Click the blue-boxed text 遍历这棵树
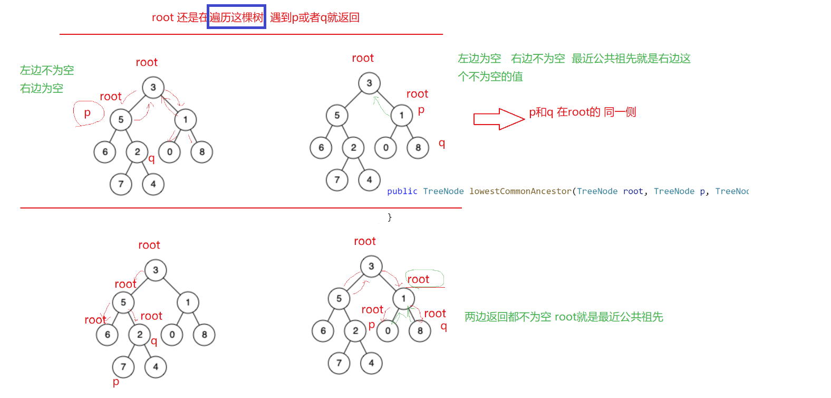click(x=236, y=17)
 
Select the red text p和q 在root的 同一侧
click(x=583, y=112)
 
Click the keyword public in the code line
click(x=402, y=191)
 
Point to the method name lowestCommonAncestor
click(x=520, y=191)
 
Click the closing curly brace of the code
click(x=390, y=217)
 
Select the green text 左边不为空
click(x=47, y=70)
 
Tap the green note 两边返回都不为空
click(x=508, y=317)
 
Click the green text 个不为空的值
click(x=490, y=77)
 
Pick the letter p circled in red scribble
click(x=88, y=112)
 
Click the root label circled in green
click(x=418, y=279)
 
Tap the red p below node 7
click(x=116, y=382)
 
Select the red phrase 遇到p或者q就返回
click(x=315, y=17)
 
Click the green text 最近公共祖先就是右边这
click(x=631, y=59)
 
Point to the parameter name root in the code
click(x=633, y=191)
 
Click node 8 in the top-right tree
click(x=418, y=148)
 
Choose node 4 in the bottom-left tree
click(x=156, y=367)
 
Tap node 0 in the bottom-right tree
click(x=388, y=331)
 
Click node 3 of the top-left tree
click(x=153, y=88)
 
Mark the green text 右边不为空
click(x=538, y=59)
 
